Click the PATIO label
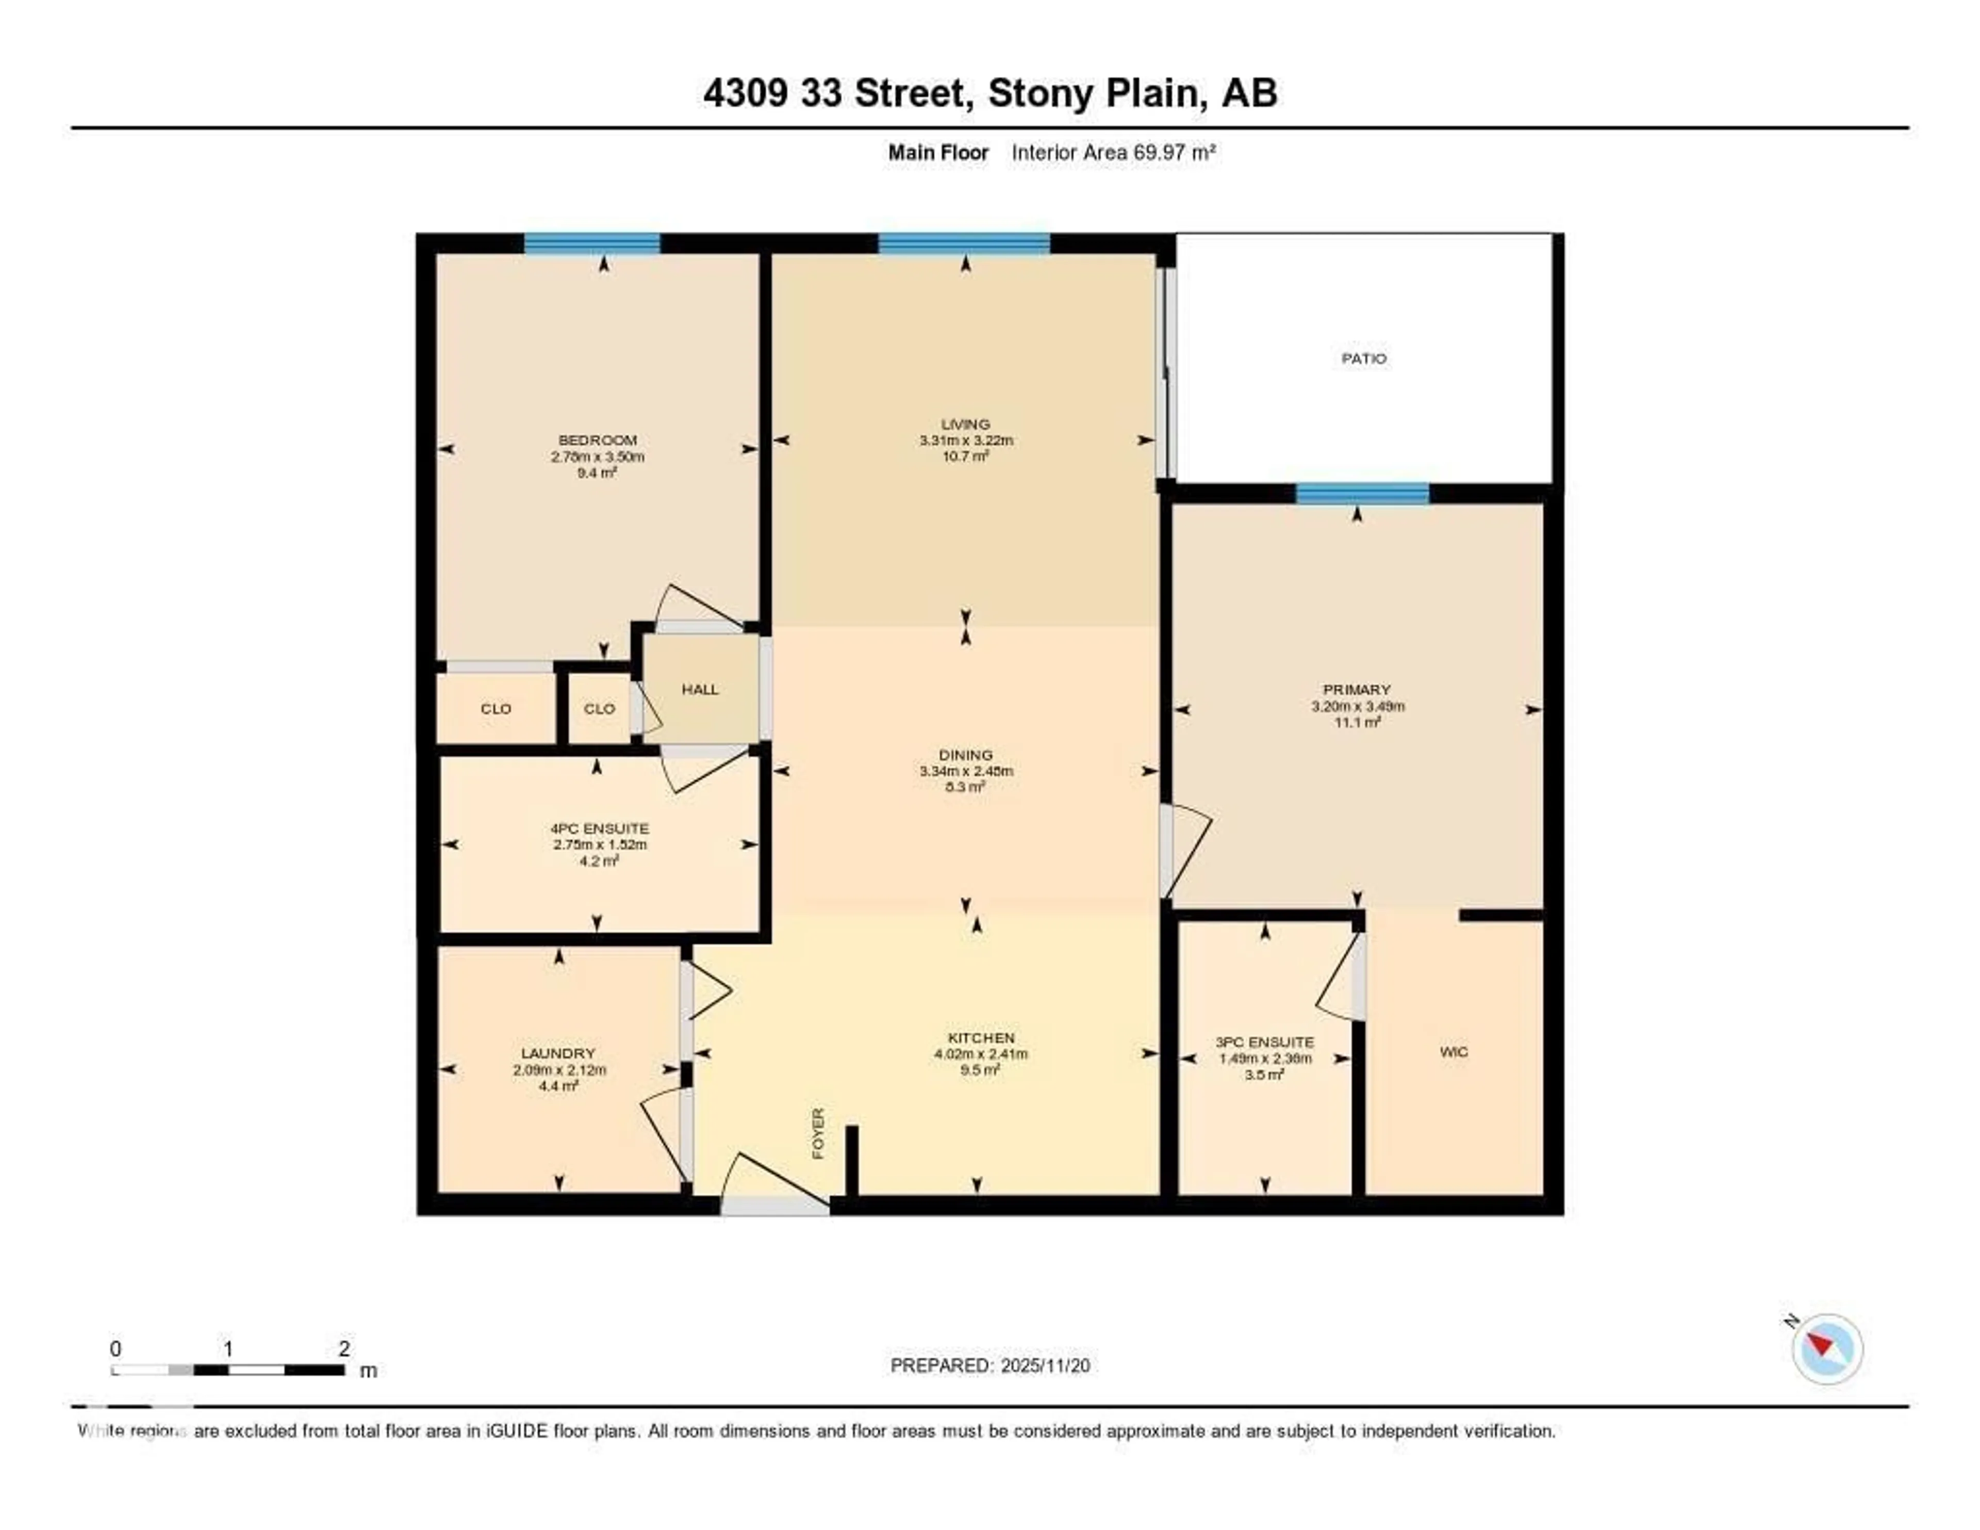(1363, 358)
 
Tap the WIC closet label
(1453, 1052)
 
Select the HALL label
(700, 689)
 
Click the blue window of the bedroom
(592, 243)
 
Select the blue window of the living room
(964, 243)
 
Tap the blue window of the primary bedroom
(1362, 493)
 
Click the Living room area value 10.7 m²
(966, 456)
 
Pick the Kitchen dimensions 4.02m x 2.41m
(981, 1054)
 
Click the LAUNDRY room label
(557, 1053)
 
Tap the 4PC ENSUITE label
(599, 828)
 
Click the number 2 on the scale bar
(343, 1348)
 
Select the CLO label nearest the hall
(599, 708)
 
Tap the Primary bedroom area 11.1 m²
(1357, 722)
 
